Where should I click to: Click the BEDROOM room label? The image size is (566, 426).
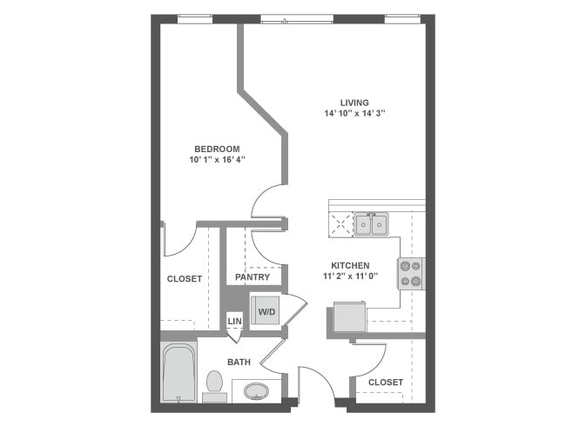[x=217, y=149]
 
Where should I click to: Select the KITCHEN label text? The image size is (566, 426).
[x=349, y=266]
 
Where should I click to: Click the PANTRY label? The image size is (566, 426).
[x=252, y=278]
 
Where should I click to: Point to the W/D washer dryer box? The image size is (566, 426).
[x=266, y=310]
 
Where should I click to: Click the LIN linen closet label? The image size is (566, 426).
[x=233, y=322]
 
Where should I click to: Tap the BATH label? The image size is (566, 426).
[x=239, y=362]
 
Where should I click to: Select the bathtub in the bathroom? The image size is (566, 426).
[x=179, y=373]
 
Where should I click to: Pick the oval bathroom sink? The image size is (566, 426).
[x=257, y=391]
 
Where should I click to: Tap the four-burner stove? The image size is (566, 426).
[x=410, y=274]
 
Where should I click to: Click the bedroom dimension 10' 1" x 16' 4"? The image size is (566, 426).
[x=217, y=160]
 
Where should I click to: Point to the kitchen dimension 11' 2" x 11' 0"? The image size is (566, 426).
[x=349, y=277]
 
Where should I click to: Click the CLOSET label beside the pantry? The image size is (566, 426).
[x=184, y=279]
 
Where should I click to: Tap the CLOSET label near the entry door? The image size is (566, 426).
[x=385, y=382]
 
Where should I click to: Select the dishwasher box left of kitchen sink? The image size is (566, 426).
[x=340, y=225]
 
